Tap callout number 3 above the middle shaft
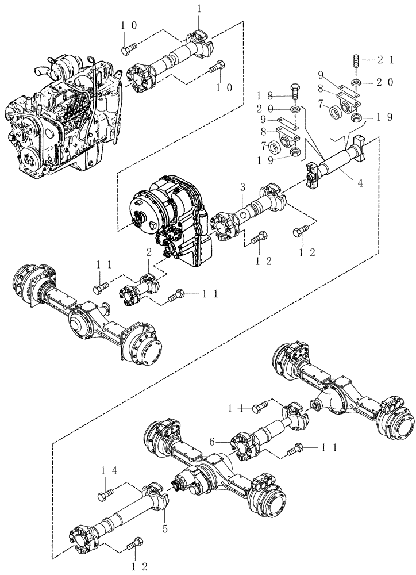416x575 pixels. (243, 187)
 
